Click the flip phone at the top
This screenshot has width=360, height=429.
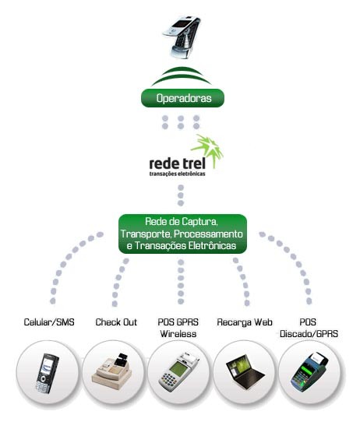tap(182, 37)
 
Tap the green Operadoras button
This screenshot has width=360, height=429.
tap(182, 98)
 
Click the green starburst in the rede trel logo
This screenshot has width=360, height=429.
tap(208, 150)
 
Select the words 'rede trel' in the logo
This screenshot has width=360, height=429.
tap(178, 164)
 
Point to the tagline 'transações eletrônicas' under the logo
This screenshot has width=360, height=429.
tap(178, 174)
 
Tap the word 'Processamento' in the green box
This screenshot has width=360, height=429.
tap(208, 234)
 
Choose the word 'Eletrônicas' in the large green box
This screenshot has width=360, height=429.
tap(212, 245)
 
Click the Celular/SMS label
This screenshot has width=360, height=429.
tap(49, 322)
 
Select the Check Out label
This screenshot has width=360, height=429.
tap(116, 322)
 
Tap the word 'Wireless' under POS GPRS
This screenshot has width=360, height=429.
tap(178, 334)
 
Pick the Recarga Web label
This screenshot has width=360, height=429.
tap(245, 322)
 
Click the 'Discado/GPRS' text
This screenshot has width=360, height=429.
tap(309, 334)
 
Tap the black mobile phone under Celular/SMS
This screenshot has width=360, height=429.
tap(48, 373)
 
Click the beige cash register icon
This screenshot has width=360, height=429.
tap(112, 372)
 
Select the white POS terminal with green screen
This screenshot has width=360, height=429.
tap(178, 372)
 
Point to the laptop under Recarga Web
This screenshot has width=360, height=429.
tap(245, 372)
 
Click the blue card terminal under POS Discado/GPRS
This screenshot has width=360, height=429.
tap(309, 372)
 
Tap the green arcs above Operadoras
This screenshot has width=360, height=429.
tap(182, 77)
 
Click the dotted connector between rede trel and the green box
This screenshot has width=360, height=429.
tap(181, 195)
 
